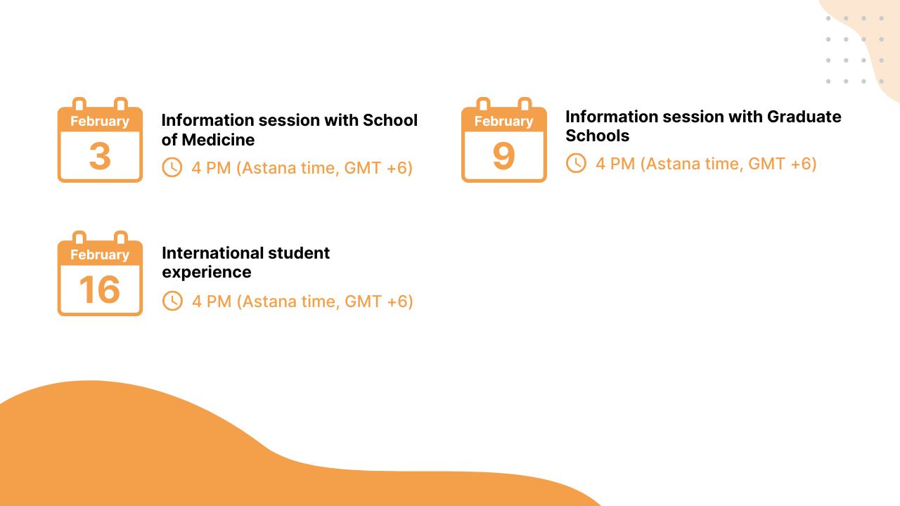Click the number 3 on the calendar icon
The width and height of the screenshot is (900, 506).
[x=100, y=156]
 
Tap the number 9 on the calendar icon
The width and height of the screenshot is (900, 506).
[x=503, y=156]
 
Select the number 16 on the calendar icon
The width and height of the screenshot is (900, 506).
[x=100, y=290]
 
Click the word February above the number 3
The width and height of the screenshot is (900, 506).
[x=100, y=121]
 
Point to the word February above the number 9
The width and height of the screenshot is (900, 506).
[x=503, y=121]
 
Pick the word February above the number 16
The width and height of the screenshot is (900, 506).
[x=100, y=254]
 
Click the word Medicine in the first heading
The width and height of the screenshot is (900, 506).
[x=218, y=140]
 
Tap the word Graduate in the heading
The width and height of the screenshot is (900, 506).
[x=804, y=117]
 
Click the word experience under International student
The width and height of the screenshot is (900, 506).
[x=207, y=272]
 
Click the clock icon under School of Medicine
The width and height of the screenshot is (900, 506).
[x=172, y=167]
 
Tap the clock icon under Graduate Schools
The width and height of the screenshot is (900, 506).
[x=576, y=163]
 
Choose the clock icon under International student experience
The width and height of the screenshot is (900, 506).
[x=172, y=301]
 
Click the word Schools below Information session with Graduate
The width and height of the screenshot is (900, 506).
[x=597, y=136]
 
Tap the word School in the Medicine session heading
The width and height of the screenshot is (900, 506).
[x=390, y=121]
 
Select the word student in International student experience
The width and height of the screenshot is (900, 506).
[x=297, y=253]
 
